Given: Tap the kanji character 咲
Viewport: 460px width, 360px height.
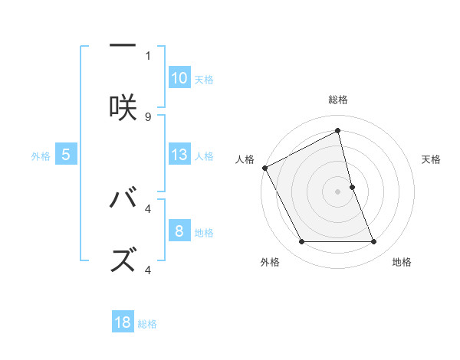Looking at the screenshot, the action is click(123, 108).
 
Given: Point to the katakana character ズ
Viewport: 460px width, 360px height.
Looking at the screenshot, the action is click(123, 261).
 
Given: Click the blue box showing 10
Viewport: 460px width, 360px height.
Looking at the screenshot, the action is click(179, 78).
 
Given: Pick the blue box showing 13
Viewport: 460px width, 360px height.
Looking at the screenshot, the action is click(179, 155).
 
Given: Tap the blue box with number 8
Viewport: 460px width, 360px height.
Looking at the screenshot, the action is click(179, 231).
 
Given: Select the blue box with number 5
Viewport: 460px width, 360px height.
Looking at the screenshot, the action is click(66, 155).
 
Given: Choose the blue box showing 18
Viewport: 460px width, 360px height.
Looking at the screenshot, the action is click(123, 322).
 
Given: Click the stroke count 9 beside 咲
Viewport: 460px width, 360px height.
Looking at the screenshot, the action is click(148, 116).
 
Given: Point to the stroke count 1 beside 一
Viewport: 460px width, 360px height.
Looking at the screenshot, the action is click(148, 55).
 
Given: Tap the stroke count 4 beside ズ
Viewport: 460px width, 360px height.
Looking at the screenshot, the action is click(148, 270).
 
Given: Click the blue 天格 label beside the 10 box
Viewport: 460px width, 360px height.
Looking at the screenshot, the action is click(204, 80).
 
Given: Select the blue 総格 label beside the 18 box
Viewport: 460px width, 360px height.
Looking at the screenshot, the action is click(147, 324).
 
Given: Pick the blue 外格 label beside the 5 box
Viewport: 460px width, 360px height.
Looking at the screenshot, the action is click(41, 156).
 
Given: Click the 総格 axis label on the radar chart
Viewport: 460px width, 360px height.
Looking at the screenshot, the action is click(338, 100).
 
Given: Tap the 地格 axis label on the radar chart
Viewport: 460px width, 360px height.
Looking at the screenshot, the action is click(402, 262).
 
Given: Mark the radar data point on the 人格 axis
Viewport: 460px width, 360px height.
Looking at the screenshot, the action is click(265, 168).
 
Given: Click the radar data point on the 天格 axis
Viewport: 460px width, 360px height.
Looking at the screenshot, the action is click(352, 187).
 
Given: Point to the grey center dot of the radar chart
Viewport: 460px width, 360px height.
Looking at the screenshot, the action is click(338, 191).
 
